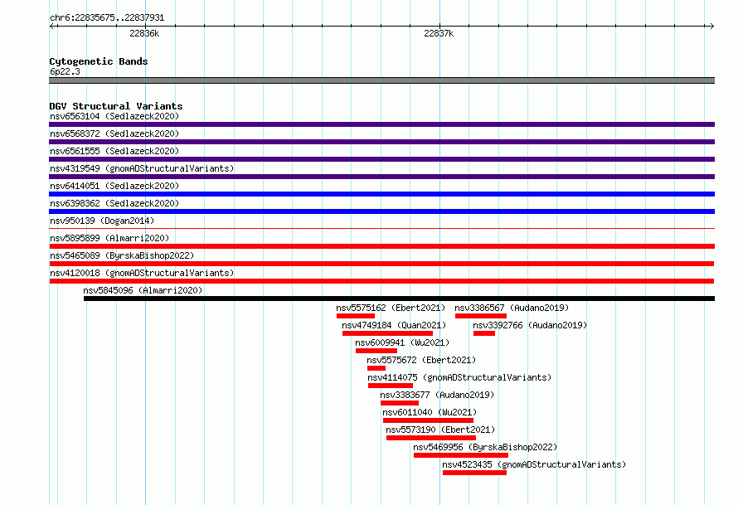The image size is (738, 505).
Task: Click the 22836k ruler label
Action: (x=144, y=33)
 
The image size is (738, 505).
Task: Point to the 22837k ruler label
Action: (x=439, y=33)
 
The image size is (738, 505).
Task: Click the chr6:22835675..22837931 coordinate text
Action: (x=107, y=18)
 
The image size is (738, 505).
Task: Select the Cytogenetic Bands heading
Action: (x=99, y=61)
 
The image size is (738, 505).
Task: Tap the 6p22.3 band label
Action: (x=65, y=71)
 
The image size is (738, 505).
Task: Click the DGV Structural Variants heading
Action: (x=116, y=106)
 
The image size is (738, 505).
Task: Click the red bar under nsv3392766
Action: (x=483, y=333)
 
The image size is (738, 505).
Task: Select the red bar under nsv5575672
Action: (x=376, y=368)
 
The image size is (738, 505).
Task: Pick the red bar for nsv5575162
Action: (x=356, y=316)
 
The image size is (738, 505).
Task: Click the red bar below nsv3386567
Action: (x=481, y=316)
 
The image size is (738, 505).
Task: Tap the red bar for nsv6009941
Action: (x=376, y=351)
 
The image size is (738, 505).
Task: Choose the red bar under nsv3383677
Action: (x=400, y=403)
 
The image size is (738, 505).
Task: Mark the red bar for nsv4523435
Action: (x=474, y=473)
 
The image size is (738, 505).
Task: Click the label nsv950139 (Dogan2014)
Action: (x=102, y=221)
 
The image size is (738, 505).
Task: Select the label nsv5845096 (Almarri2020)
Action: (x=143, y=290)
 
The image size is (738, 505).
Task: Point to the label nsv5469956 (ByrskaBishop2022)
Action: (x=485, y=447)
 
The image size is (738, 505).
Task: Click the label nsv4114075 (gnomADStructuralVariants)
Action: (x=459, y=377)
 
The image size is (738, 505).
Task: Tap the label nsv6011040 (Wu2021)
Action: (x=430, y=412)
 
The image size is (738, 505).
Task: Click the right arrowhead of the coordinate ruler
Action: (x=712, y=26)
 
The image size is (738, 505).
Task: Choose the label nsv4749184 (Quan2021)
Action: (x=394, y=325)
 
